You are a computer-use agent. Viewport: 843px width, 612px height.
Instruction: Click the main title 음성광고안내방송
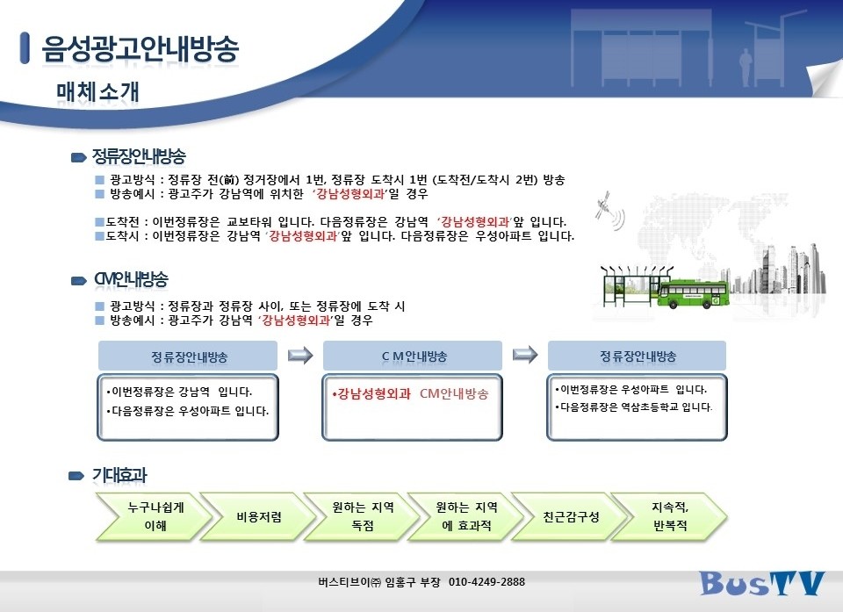140,49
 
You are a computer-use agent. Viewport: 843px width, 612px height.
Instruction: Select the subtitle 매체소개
97,92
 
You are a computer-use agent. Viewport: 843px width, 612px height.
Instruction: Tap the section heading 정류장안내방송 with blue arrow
139,156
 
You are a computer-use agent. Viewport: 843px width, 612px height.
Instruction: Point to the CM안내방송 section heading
131,279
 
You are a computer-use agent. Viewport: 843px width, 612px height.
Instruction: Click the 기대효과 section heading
119,475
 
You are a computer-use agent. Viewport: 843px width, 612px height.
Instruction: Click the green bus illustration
694,293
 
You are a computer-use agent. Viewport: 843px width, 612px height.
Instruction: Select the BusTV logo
761,582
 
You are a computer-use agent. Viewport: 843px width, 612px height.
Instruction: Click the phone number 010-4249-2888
486,581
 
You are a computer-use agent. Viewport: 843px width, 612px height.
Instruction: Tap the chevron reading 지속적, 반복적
668,517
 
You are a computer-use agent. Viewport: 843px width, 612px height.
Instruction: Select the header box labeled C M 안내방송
413,356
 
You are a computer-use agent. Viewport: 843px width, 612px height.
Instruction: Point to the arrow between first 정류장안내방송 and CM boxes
300,355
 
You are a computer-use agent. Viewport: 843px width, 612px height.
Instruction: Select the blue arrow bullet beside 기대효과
76,476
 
